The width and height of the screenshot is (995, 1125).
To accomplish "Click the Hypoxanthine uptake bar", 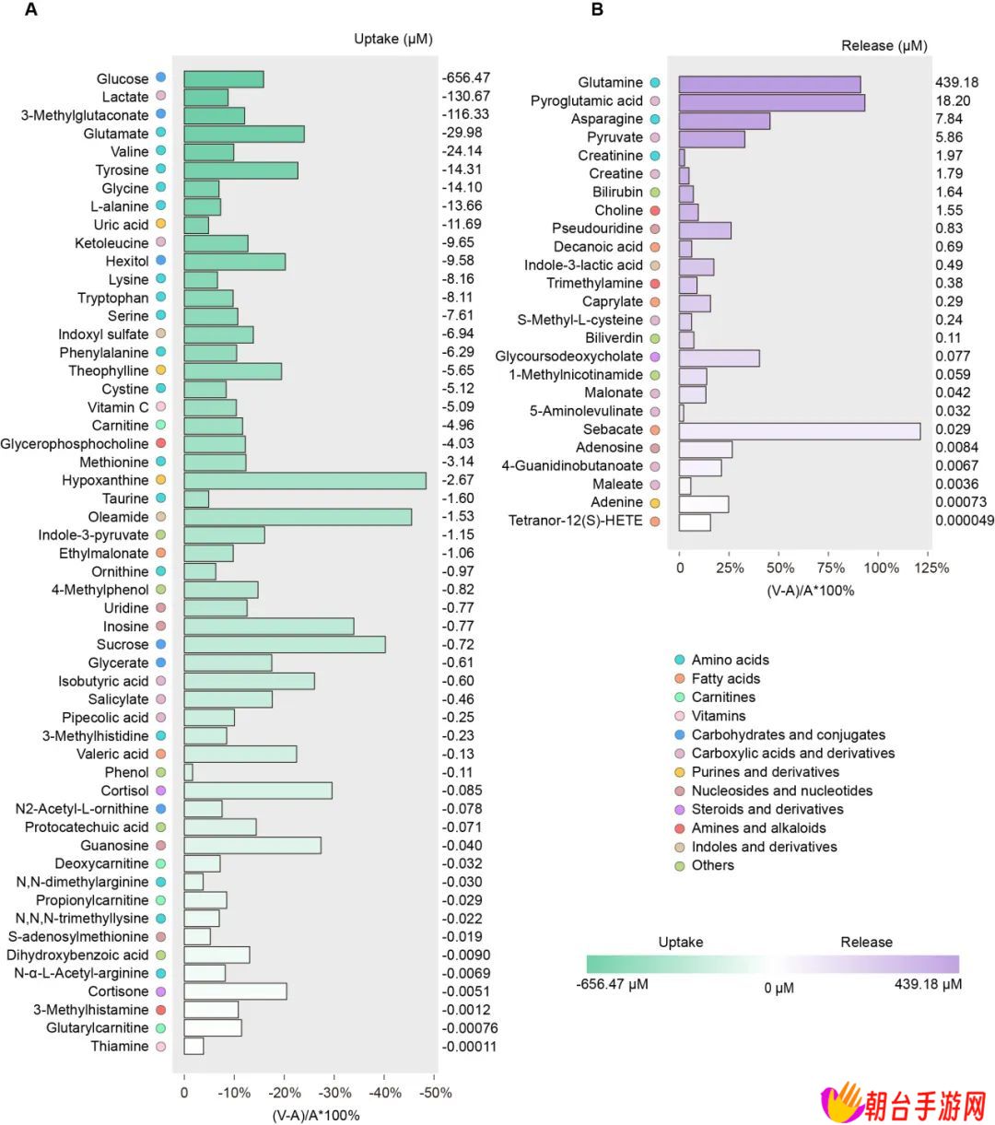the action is point(305,481).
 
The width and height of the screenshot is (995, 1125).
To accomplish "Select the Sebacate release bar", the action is point(799,431).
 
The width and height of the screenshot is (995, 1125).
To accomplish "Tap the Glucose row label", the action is point(123,79).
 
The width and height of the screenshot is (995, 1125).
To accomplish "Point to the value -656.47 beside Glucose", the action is point(466,77).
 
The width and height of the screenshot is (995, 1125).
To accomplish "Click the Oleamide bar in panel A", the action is point(298,517).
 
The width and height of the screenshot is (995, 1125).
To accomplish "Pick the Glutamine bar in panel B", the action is point(769,85).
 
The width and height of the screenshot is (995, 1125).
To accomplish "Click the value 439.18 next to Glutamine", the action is point(956,83).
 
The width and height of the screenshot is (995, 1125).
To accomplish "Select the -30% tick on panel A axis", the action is point(334,1093).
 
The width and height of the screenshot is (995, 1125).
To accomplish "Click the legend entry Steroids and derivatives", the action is point(767,809).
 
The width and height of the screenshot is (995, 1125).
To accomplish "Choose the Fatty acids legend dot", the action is point(680,678).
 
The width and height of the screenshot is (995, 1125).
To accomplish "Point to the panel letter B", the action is point(597,10).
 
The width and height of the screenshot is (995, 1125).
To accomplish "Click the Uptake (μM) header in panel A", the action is point(393,39).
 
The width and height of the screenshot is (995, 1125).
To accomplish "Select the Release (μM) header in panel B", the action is point(884,45).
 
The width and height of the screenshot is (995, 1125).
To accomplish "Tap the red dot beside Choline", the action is point(655,210).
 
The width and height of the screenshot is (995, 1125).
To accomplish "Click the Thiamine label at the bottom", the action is point(120,1046).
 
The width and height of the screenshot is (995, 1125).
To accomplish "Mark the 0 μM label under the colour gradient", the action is point(778,988).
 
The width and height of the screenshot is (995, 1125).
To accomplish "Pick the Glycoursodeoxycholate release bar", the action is point(719,358).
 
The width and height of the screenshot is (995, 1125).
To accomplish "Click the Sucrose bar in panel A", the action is point(285,645).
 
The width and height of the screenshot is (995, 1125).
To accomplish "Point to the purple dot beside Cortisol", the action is point(161,791).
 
